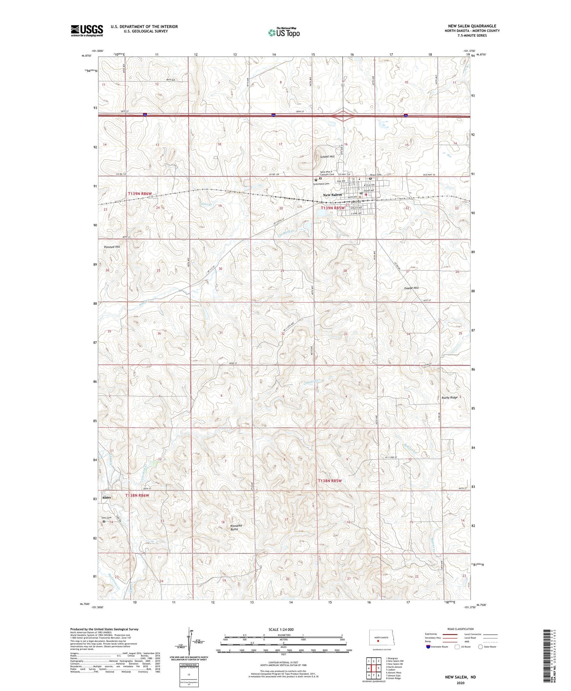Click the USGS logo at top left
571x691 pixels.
click(x=87, y=30)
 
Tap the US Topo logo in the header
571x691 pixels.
click(x=284, y=32)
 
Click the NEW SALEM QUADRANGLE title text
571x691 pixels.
click(x=472, y=26)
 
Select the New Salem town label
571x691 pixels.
click(x=332, y=195)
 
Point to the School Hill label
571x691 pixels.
click(x=327, y=157)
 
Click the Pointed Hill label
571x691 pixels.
click(x=112, y=247)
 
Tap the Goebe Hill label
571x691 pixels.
click(x=411, y=288)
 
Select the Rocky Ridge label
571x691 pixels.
click(x=449, y=398)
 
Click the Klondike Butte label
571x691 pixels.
click(x=236, y=527)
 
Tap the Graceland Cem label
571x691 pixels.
click(x=321, y=184)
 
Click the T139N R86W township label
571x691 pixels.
click(x=139, y=194)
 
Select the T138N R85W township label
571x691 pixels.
click(x=330, y=481)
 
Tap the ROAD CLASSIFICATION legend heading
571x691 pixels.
click(x=461, y=629)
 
